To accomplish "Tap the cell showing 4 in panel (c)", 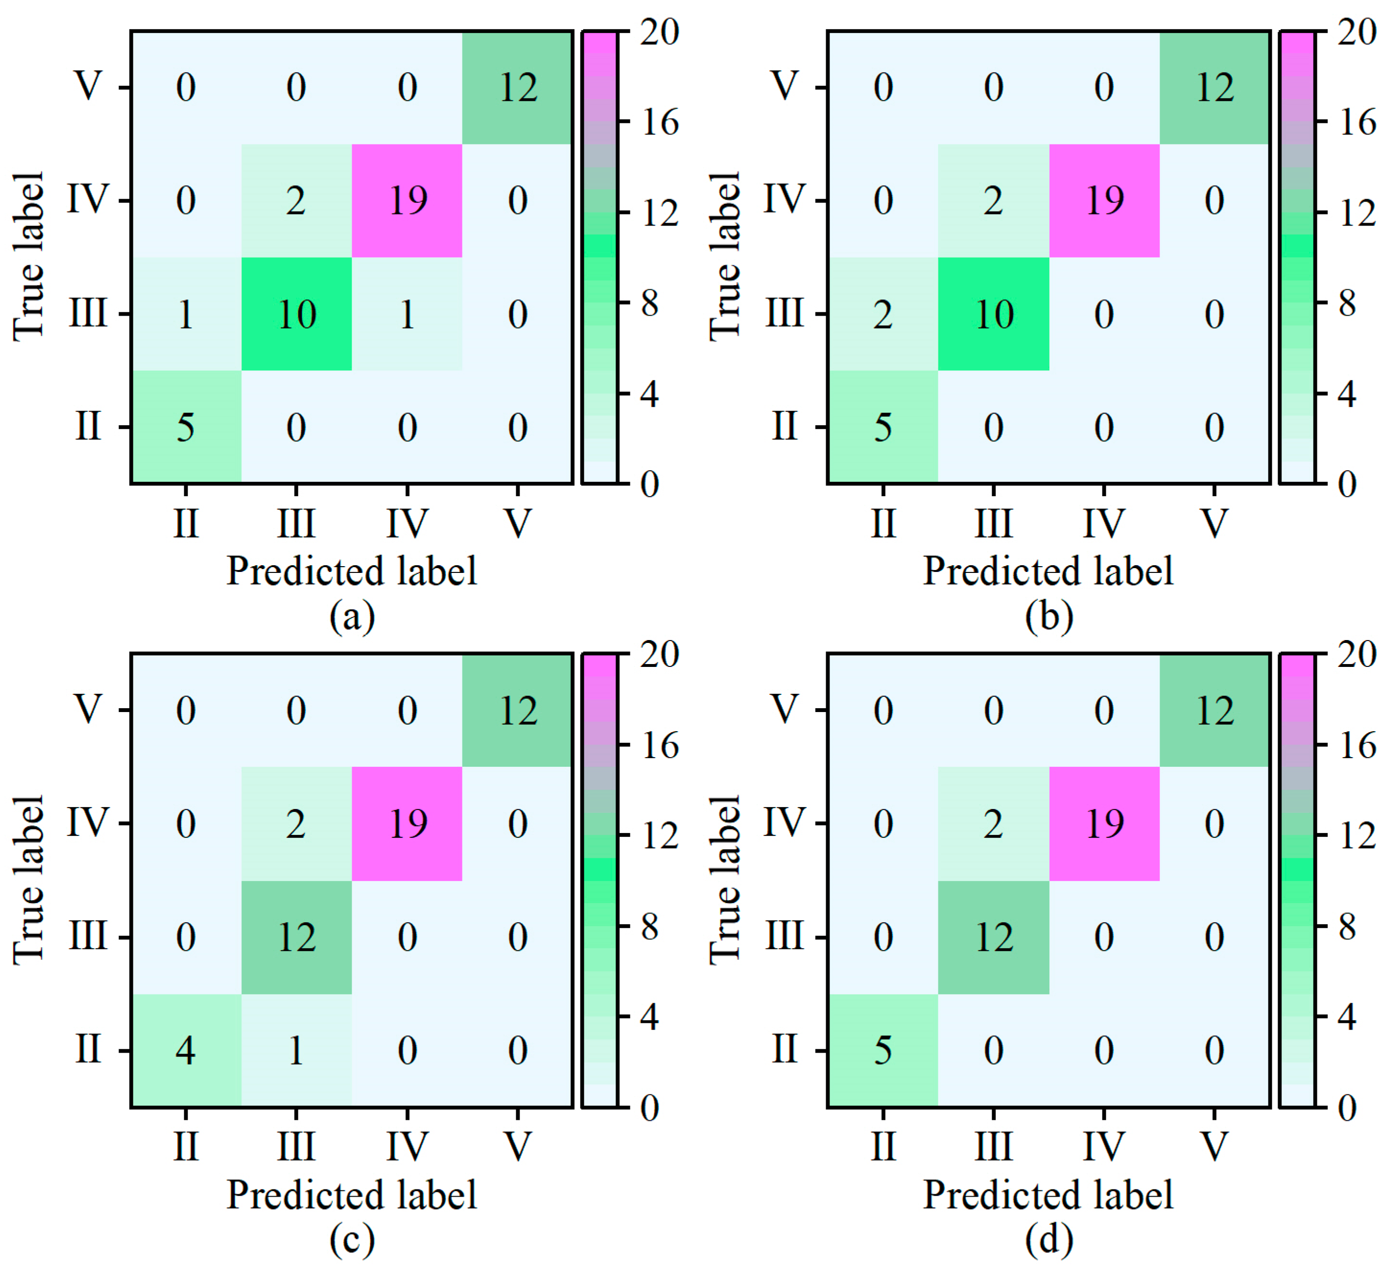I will tap(186, 1050).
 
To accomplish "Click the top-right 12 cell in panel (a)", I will tap(517, 87).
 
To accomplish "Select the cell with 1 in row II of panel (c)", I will tap(296, 1050).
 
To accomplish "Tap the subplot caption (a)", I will tap(352, 616).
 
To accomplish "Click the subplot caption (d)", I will tap(1048, 1239).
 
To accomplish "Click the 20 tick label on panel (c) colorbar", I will tap(660, 653).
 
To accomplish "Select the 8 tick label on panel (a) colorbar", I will tap(650, 303).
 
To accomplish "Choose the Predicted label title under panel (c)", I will tap(352, 1195).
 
